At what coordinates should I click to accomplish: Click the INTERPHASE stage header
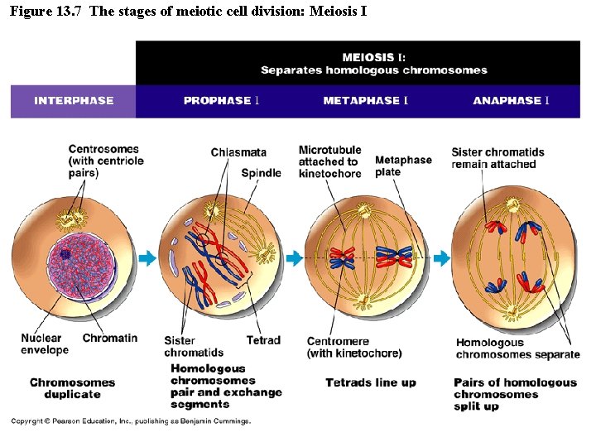(74, 101)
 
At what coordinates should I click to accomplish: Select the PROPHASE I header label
(221, 101)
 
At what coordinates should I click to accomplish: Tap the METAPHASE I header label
(365, 101)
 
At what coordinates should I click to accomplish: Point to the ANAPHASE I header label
(511, 101)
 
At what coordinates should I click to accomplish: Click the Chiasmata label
(238, 152)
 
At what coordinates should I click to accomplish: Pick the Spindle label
(261, 173)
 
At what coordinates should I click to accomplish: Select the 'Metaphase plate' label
(403, 166)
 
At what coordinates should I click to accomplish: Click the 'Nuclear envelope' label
(45, 344)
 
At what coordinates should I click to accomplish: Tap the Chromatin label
(110, 338)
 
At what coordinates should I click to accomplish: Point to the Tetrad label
(263, 340)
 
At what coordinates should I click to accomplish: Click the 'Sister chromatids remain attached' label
(497, 158)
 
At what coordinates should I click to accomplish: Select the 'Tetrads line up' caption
(370, 382)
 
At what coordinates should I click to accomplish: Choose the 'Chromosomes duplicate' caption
(72, 388)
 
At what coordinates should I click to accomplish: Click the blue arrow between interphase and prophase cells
(147, 259)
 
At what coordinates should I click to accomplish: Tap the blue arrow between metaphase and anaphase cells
(441, 259)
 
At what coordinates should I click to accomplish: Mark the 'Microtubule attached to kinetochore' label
(329, 162)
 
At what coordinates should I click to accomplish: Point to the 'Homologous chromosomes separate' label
(517, 348)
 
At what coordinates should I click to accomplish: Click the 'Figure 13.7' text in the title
(45, 12)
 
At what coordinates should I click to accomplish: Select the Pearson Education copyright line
(130, 421)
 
